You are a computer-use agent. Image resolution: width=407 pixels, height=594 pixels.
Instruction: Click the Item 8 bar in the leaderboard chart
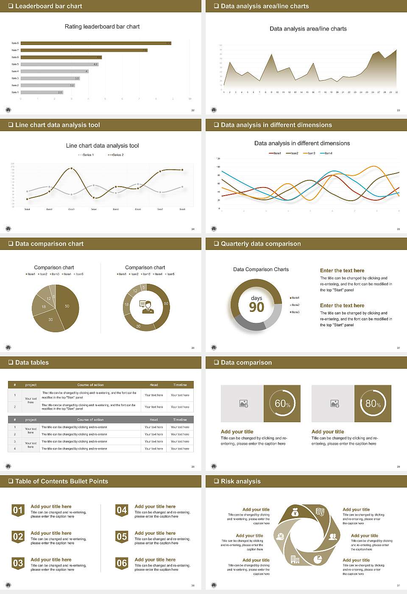pos(96,43)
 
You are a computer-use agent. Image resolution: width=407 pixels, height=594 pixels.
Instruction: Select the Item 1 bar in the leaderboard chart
pos(42,92)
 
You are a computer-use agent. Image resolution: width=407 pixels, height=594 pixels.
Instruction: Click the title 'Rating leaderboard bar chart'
pos(102,26)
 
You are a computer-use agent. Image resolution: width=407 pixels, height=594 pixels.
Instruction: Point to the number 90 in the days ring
pos(256,307)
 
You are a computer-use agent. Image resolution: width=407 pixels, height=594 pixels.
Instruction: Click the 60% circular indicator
pos(282,403)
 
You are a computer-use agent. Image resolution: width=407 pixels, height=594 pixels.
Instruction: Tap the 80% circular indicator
pos(373,403)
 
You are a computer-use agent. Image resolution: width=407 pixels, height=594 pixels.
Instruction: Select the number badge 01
pos(18,510)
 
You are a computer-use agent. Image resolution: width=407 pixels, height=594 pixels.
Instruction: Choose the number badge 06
pos(122,563)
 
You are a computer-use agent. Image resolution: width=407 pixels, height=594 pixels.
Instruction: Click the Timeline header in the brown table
pos(180,385)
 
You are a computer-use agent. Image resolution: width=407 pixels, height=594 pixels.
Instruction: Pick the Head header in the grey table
pos(153,420)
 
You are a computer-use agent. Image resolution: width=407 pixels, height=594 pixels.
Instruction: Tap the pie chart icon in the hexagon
pos(318,560)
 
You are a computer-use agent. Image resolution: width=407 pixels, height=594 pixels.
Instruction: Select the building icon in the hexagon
pos(295,560)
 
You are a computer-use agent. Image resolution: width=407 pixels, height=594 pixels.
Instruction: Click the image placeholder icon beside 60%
pos(243,403)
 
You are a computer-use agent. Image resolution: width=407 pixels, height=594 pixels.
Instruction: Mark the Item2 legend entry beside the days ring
pos(295,305)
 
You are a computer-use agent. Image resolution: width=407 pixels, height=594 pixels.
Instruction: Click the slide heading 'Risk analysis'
pos(240,481)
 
